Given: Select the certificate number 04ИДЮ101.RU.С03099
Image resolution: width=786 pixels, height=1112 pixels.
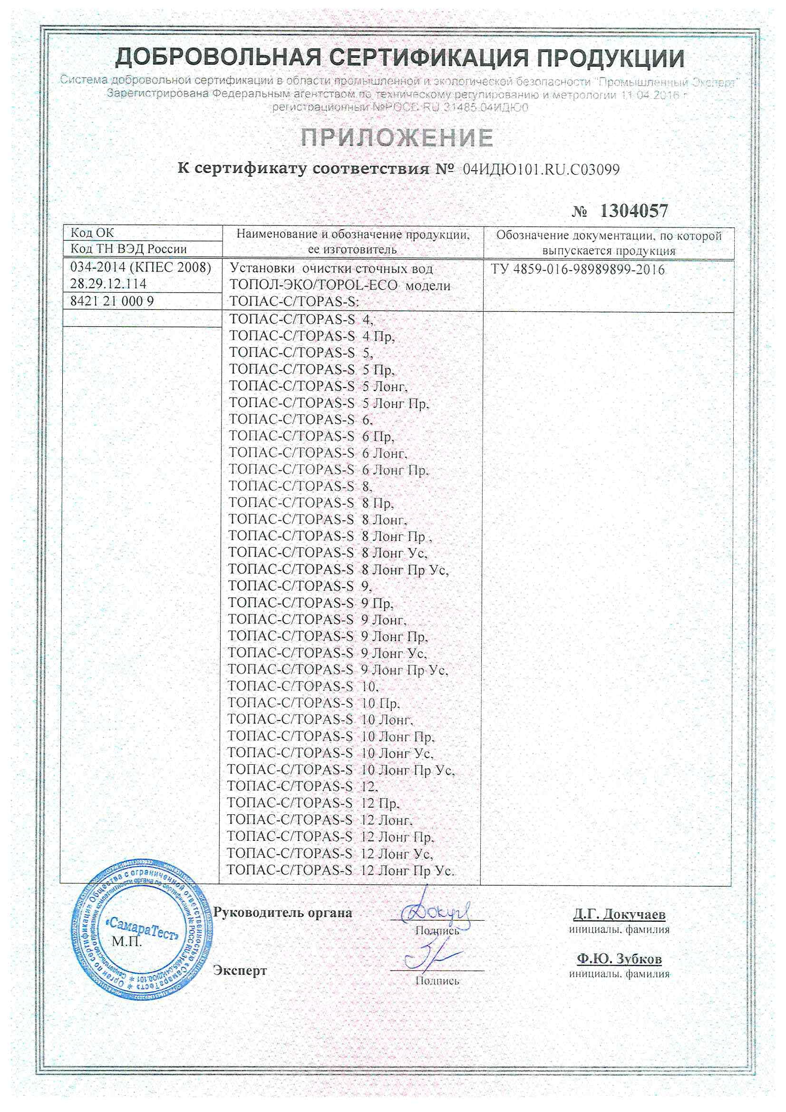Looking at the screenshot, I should [x=541, y=169].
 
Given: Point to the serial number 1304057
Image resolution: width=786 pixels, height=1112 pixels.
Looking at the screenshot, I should [x=634, y=211].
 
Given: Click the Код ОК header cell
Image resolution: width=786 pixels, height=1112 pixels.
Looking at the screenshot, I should [x=92, y=233].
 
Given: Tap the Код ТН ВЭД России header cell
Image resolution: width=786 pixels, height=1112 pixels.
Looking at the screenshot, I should [x=128, y=249].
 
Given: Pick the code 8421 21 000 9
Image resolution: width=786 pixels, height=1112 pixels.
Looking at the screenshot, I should [x=112, y=301].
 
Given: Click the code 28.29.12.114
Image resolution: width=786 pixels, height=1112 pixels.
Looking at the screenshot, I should [x=108, y=284].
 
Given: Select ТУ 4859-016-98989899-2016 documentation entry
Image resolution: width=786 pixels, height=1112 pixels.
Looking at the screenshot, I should [x=578, y=270].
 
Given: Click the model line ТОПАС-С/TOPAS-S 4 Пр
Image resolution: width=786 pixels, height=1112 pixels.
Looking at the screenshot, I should [x=311, y=336].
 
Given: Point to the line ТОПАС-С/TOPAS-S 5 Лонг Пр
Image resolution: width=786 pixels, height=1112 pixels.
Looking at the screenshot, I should [x=329, y=403].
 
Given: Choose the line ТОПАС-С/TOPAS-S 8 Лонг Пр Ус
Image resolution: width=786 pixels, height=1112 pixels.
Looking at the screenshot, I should [x=338, y=570].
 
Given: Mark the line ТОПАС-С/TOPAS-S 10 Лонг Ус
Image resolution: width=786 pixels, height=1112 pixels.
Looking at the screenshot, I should [x=330, y=753].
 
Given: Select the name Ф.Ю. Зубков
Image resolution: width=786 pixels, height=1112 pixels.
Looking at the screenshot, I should [x=619, y=959].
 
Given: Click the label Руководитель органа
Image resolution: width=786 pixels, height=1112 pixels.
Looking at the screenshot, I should [x=283, y=913].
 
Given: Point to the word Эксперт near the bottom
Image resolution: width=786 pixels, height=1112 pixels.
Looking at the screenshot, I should [x=240, y=971].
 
